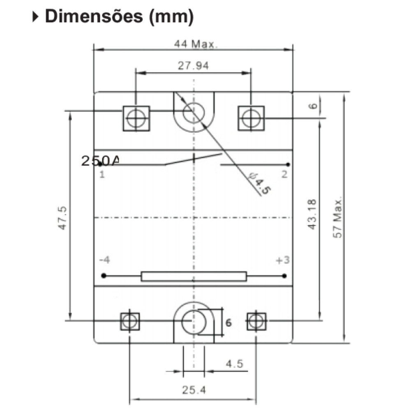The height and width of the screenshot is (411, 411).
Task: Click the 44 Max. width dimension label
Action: (196, 44)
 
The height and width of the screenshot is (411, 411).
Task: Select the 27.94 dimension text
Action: (193, 65)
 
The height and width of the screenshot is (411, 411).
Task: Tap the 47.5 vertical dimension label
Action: (62, 218)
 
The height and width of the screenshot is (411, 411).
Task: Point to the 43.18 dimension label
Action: (312, 215)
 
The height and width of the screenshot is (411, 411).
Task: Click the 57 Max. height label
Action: (337, 217)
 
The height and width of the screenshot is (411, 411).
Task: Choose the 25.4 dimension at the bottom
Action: (194, 390)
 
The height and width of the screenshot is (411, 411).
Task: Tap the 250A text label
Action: (100, 161)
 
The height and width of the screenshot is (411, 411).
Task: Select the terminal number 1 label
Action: (102, 174)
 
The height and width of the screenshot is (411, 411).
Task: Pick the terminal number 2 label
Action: (284, 174)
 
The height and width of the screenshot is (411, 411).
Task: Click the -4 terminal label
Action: (104, 260)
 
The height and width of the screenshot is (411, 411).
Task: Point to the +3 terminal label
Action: (283, 260)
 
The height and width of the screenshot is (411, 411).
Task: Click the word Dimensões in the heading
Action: (94, 16)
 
